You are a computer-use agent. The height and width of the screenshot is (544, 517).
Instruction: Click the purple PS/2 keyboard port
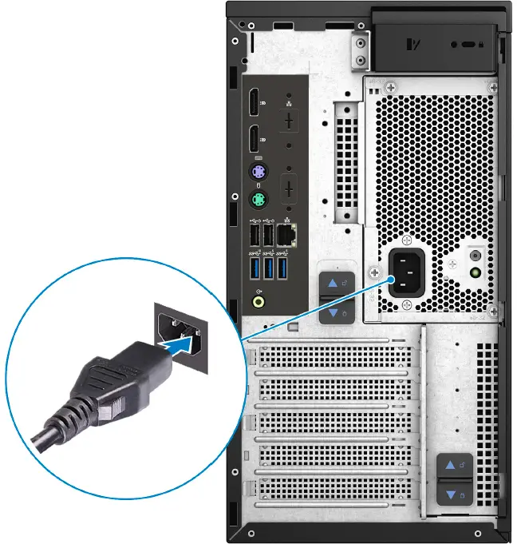(258, 173)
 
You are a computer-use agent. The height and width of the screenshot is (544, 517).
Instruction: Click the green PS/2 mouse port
(258, 200)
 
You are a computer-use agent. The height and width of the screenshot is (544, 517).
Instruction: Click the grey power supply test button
(476, 256)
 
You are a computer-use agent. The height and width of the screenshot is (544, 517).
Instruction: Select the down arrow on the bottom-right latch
(451, 495)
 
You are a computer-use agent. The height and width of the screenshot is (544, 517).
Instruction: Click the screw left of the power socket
(373, 272)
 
